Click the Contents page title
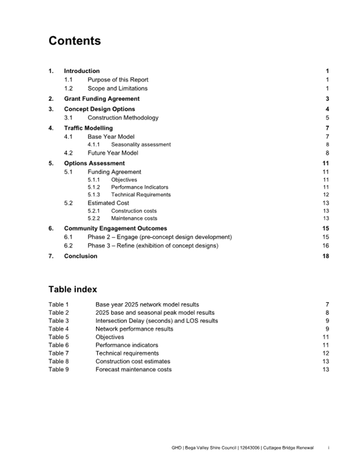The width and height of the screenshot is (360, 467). tap(74, 41)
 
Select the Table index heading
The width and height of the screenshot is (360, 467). tap(73, 289)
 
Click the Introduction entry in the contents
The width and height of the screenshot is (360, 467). tap(82, 71)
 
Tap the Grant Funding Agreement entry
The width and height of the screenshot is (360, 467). tap(101, 99)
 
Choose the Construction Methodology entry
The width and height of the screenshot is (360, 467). tap(123, 117)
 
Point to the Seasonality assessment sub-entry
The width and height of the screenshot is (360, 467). tap(141, 145)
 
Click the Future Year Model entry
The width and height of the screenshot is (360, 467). tap(113, 153)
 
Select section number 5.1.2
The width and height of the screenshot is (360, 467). tap(93, 187)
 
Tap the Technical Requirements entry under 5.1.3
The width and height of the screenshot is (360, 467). tap(141, 195)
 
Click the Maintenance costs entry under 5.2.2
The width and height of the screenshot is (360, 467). tap(134, 218)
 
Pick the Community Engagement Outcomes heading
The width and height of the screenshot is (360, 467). tap(115, 228)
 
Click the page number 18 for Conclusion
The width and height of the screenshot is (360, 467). tap(326, 256)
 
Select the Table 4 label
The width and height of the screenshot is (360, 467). tap(59, 329)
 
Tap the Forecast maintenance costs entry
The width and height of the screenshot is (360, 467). tap(133, 369)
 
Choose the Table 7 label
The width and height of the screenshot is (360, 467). tap(59, 353)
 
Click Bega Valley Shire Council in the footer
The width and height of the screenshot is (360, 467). tap(212, 447)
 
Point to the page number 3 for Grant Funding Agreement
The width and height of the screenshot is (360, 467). tap(327, 99)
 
